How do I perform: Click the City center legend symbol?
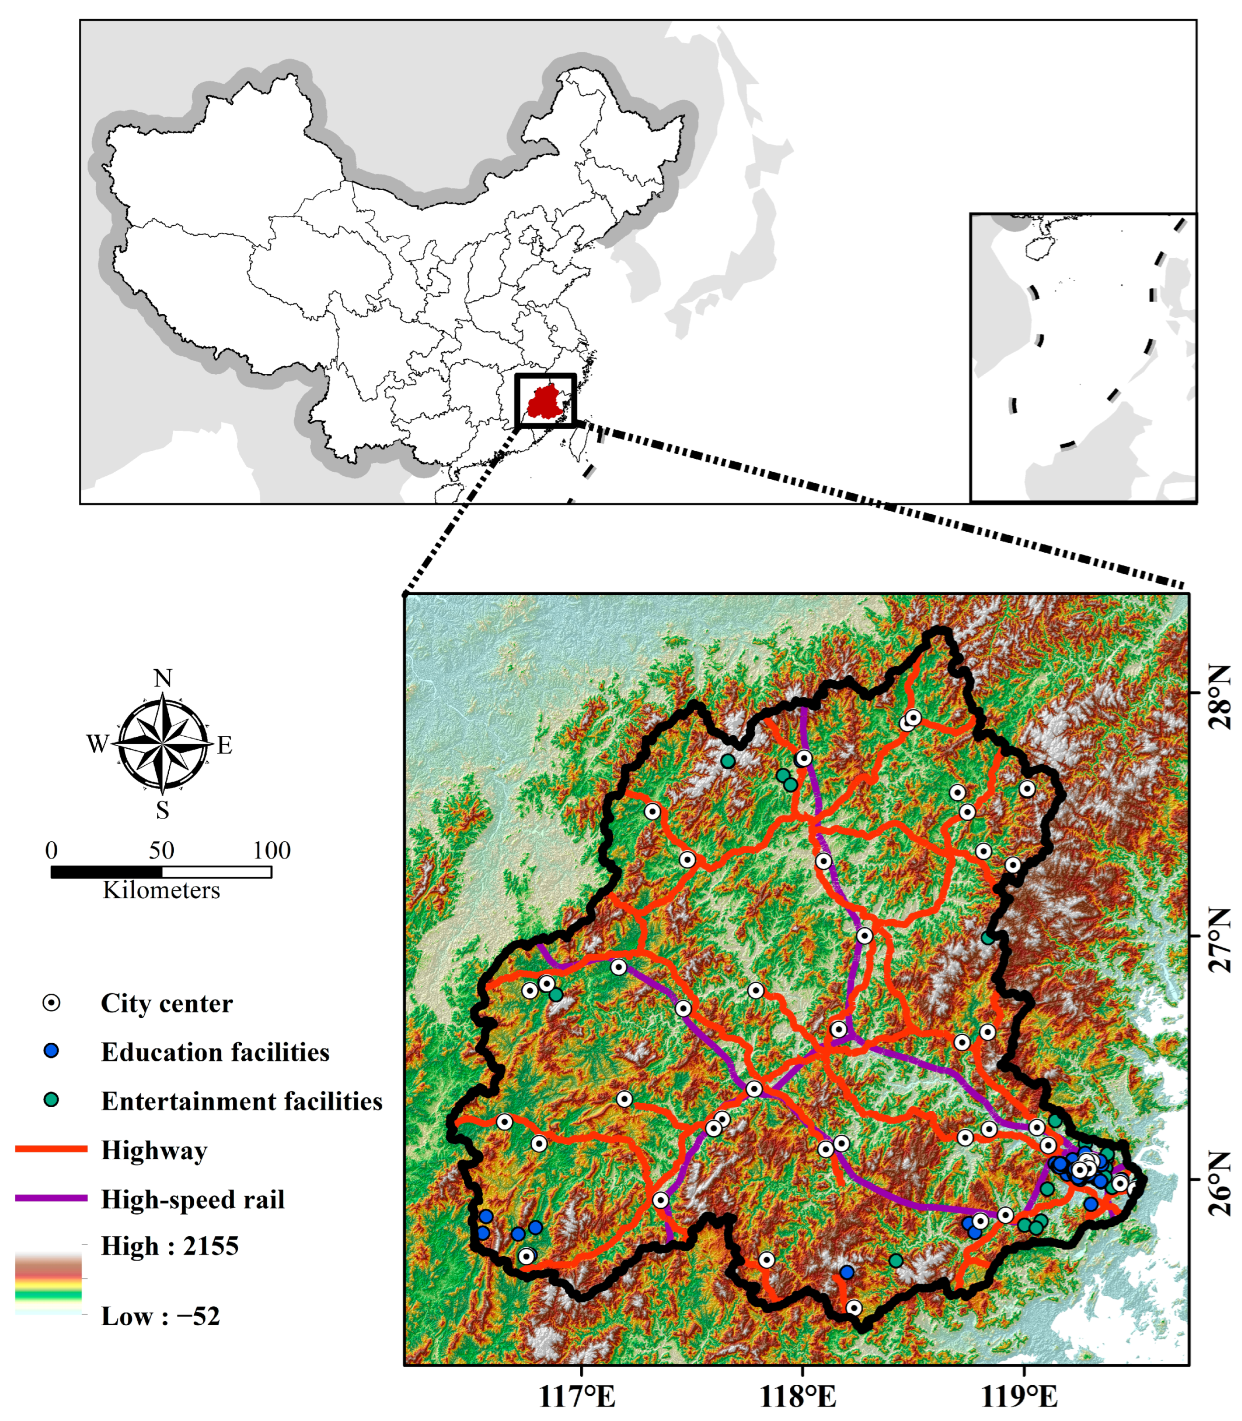click(51, 1003)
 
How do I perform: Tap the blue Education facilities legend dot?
click(51, 1051)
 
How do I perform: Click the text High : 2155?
click(170, 1246)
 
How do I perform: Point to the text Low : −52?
click(160, 1316)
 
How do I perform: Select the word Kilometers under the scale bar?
click(162, 890)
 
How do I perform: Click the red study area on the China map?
click(545, 402)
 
